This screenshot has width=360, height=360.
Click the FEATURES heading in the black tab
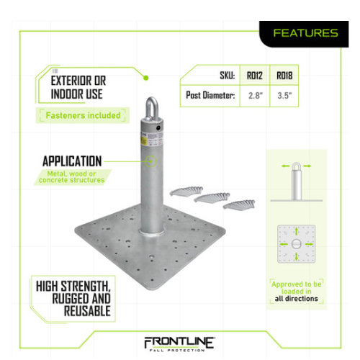click(305, 33)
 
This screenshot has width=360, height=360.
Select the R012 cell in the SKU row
click(255, 76)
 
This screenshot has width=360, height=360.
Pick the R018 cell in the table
click(284, 76)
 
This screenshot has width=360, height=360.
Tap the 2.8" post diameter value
click(256, 96)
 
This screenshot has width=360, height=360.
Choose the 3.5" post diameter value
click(284, 96)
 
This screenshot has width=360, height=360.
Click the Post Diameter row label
click(210, 95)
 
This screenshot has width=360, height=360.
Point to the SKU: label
click(228, 76)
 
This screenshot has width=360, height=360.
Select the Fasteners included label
click(83, 115)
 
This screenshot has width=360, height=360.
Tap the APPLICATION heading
click(72, 161)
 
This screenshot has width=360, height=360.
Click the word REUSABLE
click(87, 311)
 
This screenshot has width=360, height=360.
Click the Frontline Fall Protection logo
click(179, 344)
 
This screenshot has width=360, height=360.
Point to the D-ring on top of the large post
click(152, 108)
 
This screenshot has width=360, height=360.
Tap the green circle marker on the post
click(150, 161)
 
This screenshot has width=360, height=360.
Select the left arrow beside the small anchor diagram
click(286, 166)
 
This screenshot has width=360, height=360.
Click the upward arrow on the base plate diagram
click(297, 231)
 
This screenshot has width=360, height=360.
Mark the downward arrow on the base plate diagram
click(297, 256)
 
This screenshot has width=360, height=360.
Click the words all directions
click(297, 299)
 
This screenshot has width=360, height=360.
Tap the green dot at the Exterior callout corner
click(145, 78)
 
